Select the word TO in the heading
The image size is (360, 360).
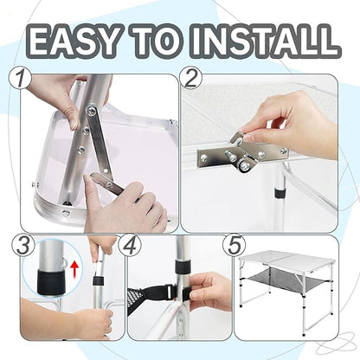[154, 41]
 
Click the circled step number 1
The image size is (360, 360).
[20, 79]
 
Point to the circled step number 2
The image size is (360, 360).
[190, 79]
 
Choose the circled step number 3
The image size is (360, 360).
[23, 246]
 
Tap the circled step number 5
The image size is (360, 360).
[235, 246]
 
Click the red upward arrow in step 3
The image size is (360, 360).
[74, 268]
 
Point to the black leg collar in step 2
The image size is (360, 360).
[279, 194]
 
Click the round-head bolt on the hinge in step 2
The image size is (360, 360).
[245, 165]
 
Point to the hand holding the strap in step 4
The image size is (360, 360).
[209, 290]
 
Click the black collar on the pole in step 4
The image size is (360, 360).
[182, 267]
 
